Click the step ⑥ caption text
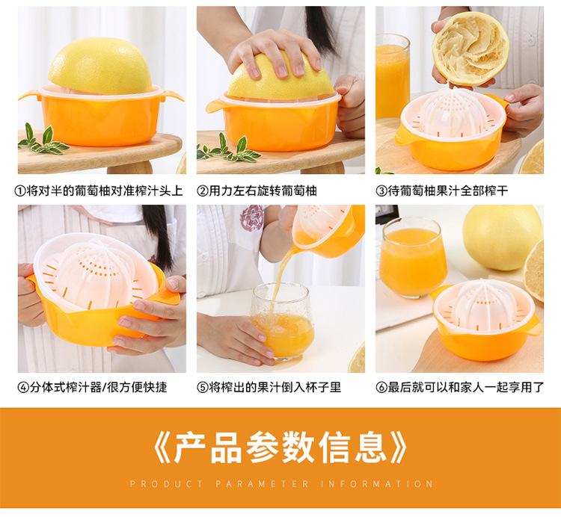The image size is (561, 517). [459, 388]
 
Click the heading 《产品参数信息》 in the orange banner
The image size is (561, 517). [280, 448]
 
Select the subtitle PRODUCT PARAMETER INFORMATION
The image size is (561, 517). [280, 484]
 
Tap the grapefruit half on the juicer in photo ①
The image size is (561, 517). [99, 66]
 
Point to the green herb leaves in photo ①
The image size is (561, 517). [41, 141]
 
